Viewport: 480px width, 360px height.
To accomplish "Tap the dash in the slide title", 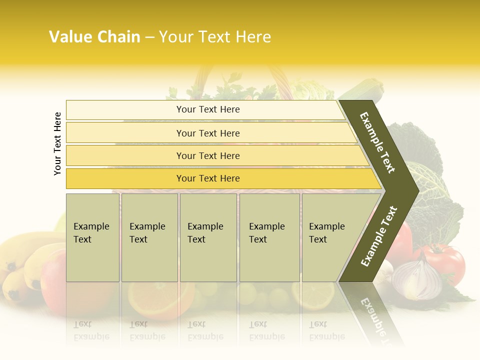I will coord(149,37).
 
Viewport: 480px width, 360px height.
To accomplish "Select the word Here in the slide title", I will coord(252,37).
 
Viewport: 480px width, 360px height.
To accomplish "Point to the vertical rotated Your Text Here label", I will coord(57,143).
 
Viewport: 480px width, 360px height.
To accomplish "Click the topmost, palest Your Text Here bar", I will coord(207,109).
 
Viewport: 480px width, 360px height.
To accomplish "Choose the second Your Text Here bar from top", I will coord(207,133).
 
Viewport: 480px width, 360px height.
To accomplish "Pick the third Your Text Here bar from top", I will coord(207,155).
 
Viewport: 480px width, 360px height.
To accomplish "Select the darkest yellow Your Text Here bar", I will coord(207,178).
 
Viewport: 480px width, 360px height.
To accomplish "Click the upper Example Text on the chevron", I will coord(377,142).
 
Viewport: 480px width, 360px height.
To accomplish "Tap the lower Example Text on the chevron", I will coord(378,236).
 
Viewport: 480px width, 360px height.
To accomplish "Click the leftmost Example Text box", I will coord(92,237).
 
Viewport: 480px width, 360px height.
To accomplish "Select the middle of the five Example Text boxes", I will coord(208,237).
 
